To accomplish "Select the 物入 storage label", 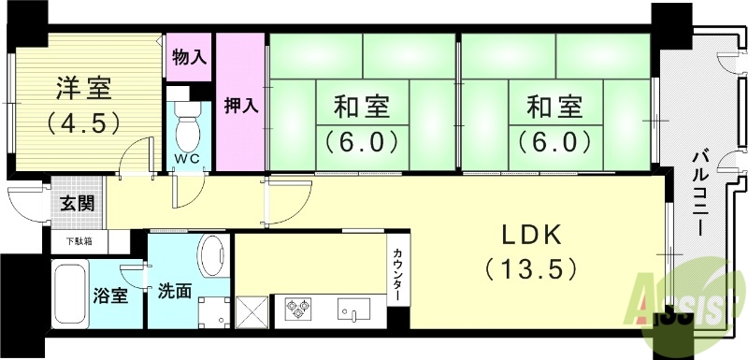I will pyautogui.click(x=190, y=57).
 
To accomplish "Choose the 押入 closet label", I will pyautogui.click(x=240, y=105).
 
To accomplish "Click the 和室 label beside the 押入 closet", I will pyautogui.click(x=362, y=108).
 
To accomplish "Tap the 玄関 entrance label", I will pyautogui.click(x=77, y=204).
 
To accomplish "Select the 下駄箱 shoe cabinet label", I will pyautogui.click(x=79, y=241).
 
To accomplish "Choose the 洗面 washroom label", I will pyautogui.click(x=174, y=291).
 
